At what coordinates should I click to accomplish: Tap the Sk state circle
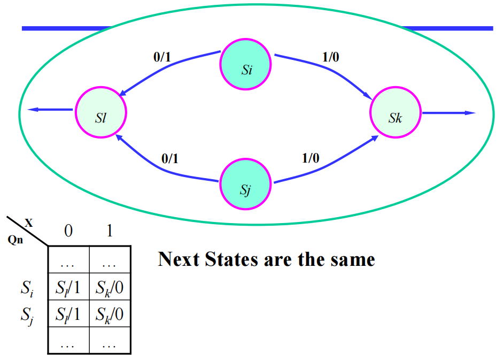(x=395, y=113)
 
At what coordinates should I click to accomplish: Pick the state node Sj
(x=246, y=185)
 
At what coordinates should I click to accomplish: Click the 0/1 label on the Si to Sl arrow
(x=162, y=57)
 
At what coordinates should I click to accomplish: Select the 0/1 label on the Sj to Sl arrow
(x=170, y=159)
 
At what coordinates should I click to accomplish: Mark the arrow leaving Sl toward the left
(x=51, y=110)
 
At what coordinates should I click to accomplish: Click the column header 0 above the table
(x=68, y=231)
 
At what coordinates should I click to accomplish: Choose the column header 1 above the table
(x=110, y=231)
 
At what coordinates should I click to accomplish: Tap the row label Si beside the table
(x=27, y=291)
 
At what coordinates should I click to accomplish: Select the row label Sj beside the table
(x=27, y=316)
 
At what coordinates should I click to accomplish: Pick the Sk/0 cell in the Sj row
(x=110, y=315)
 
